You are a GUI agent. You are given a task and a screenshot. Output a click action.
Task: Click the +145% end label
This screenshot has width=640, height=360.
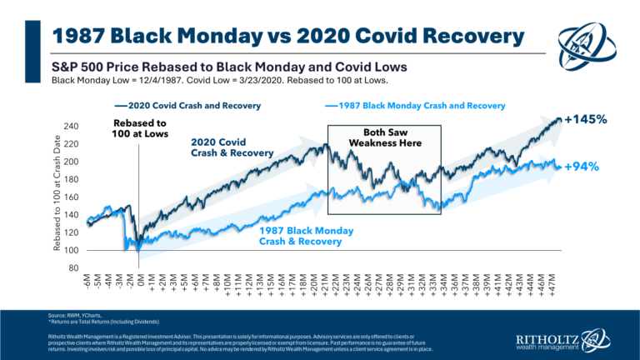585,119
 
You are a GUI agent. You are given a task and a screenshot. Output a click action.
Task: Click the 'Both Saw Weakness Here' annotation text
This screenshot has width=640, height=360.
383,137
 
